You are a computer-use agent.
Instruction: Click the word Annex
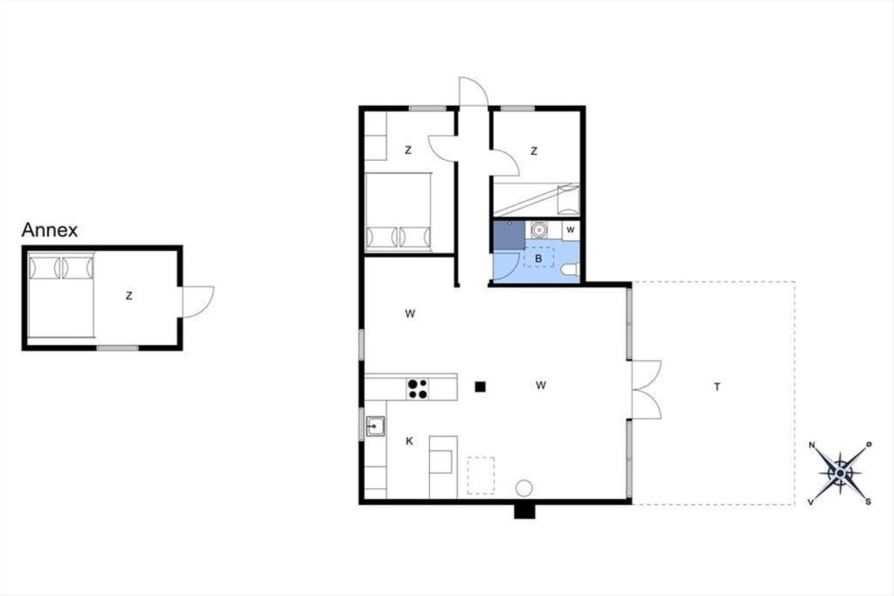[x=49, y=230]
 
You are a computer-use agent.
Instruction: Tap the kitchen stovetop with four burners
[x=417, y=389]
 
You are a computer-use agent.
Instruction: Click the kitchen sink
[x=375, y=426]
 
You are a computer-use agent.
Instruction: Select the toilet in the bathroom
[x=571, y=270]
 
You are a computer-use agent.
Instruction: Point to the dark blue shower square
[x=509, y=235]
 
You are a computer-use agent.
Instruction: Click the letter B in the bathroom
[x=539, y=259]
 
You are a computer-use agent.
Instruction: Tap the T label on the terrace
[x=717, y=387]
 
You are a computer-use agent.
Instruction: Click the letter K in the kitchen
[x=409, y=441]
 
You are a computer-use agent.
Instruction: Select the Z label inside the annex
[x=129, y=296]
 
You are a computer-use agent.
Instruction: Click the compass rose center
[x=840, y=473]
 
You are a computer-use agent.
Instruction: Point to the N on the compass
[x=812, y=445]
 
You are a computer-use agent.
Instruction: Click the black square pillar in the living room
[x=480, y=387]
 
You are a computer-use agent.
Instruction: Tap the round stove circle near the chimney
[x=524, y=488]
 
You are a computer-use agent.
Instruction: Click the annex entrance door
[x=198, y=302]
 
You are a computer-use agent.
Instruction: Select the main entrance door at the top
[x=474, y=92]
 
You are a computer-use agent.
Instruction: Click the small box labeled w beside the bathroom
[x=571, y=230]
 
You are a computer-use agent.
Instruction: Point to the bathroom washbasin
[x=539, y=230]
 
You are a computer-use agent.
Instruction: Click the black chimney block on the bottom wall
[x=524, y=511]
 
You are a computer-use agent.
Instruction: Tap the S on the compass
[x=868, y=502]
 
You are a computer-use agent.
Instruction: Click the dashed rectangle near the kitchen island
[x=481, y=476]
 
